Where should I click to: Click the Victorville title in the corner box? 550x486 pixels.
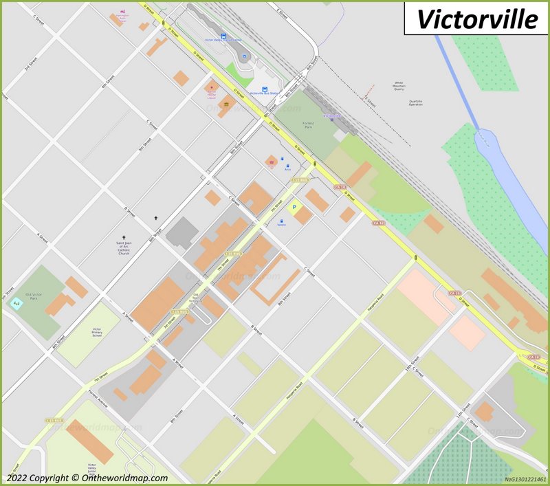(478, 19)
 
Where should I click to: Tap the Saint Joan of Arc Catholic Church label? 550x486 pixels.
(124, 246)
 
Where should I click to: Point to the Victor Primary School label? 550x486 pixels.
(97, 333)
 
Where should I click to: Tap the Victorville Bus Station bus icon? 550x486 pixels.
(265, 87)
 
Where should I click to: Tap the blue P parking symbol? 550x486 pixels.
(296, 207)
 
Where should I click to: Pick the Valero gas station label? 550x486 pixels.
(281, 225)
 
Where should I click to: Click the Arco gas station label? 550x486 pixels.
(287, 169)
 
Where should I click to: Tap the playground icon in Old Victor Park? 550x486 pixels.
(16, 303)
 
